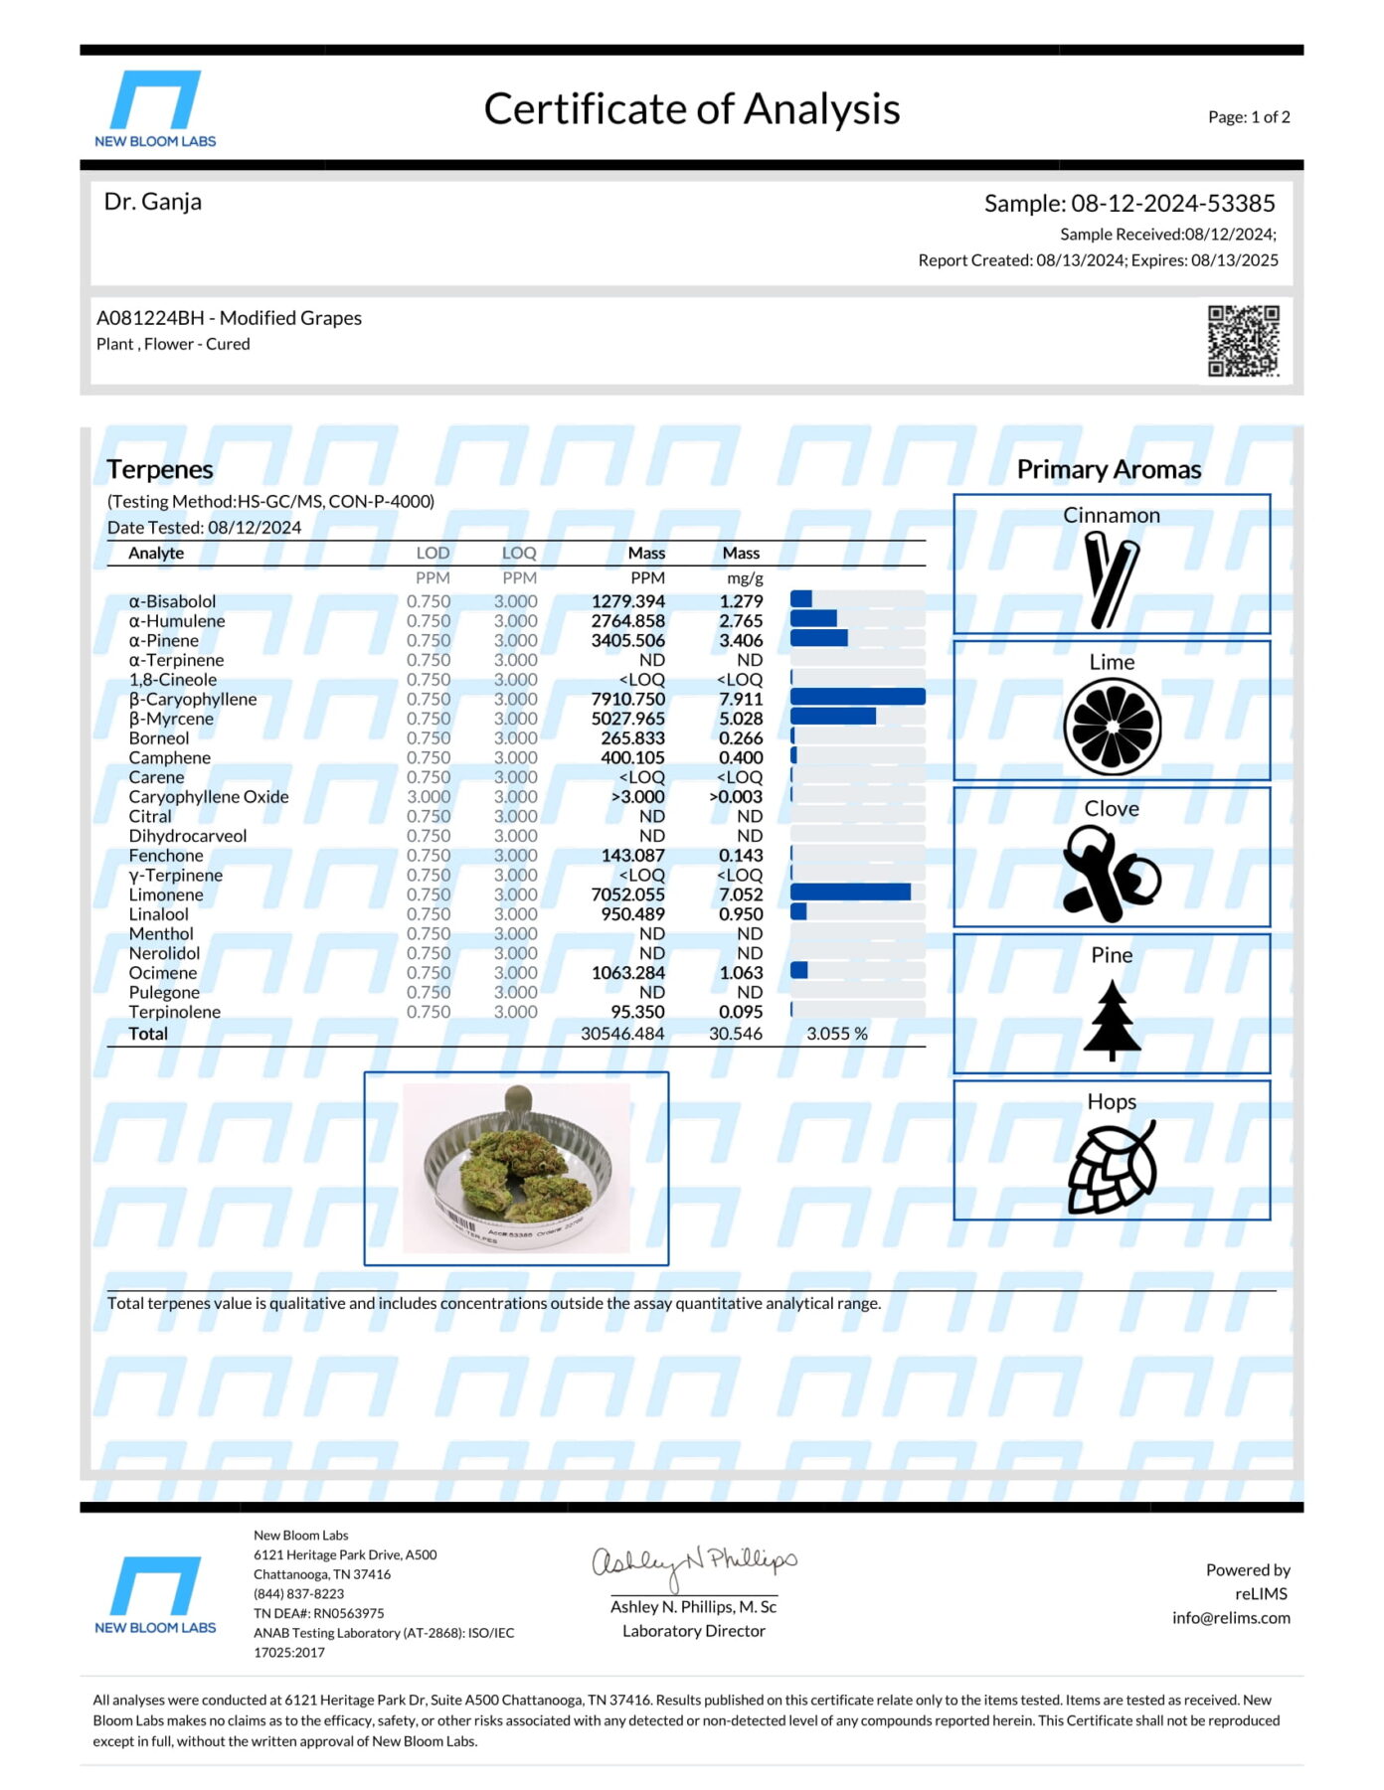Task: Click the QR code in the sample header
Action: pyautogui.click(x=1243, y=341)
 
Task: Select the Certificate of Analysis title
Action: pyautogui.click(x=692, y=109)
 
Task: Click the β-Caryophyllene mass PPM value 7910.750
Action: pyautogui.click(x=627, y=699)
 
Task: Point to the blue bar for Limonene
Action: pyautogui.click(x=850, y=893)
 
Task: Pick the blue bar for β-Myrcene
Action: pyautogui.click(x=833, y=717)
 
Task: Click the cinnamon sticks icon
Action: pyautogui.click(x=1111, y=579)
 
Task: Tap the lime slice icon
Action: pyautogui.click(x=1112, y=727)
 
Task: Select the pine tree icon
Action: pyautogui.click(x=1112, y=1020)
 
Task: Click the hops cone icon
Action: pyautogui.click(x=1112, y=1167)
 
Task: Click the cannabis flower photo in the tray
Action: pyautogui.click(x=516, y=1168)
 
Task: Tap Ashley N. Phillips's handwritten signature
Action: pyautogui.click(x=694, y=1564)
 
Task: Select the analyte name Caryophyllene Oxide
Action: pyautogui.click(x=209, y=797)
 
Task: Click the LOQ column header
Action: pyautogui.click(x=519, y=554)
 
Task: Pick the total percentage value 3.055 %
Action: pyautogui.click(x=836, y=1034)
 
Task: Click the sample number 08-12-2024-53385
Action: pyautogui.click(x=1172, y=204)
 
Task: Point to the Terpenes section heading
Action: pyautogui.click(x=160, y=469)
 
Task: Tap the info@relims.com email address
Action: pyautogui.click(x=1231, y=1617)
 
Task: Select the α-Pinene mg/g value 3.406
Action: pyautogui.click(x=741, y=641)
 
